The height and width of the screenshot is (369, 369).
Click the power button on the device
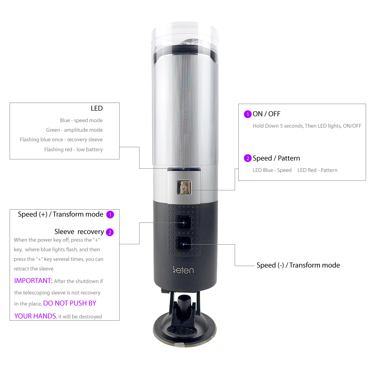(x=184, y=187)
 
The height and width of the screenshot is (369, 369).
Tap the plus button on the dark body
(x=184, y=223)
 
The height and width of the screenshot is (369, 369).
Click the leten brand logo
(x=183, y=270)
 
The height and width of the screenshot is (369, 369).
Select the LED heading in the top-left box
(x=97, y=108)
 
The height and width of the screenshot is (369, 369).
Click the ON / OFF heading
(x=266, y=114)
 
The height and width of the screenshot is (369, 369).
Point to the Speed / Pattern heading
(x=276, y=158)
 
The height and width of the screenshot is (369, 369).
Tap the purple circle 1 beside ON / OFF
(x=248, y=114)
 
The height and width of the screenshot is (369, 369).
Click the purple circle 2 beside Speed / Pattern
(x=248, y=158)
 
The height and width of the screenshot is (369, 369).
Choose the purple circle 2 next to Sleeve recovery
(x=110, y=232)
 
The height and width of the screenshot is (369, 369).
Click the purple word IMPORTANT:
(x=33, y=280)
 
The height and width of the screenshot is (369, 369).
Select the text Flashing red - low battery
(x=73, y=149)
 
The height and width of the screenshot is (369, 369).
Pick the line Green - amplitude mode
(x=75, y=130)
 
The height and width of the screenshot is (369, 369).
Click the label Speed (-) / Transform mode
(x=298, y=265)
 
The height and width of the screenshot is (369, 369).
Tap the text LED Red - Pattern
(x=317, y=170)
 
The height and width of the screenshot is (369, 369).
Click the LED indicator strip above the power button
(x=184, y=169)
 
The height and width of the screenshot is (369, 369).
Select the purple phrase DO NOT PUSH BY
(x=70, y=303)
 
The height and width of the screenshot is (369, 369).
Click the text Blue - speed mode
(x=81, y=120)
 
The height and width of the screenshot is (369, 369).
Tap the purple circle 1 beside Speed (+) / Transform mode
(x=110, y=215)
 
